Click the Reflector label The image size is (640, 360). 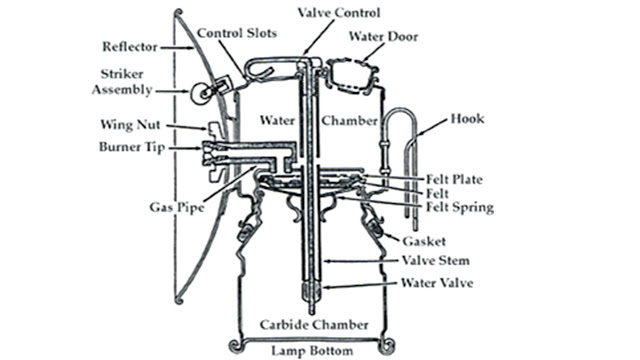(129, 47)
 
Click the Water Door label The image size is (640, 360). (383, 37)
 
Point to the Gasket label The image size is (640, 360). (423, 241)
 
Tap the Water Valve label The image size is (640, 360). (437, 283)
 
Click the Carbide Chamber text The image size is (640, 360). (316, 326)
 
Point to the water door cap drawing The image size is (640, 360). (348, 71)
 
